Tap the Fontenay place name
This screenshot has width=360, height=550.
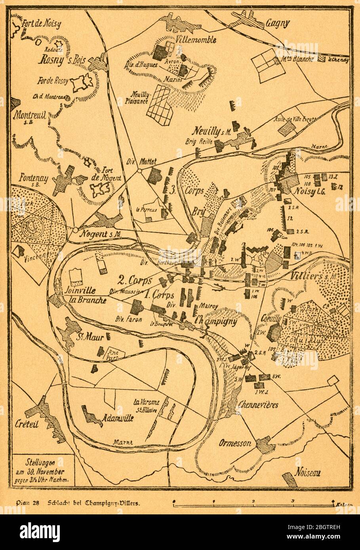[x=35, y=179]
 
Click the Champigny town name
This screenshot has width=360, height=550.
[x=216, y=321]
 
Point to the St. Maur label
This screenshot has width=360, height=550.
[x=90, y=338]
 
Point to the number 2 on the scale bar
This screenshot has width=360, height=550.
[x=253, y=501]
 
